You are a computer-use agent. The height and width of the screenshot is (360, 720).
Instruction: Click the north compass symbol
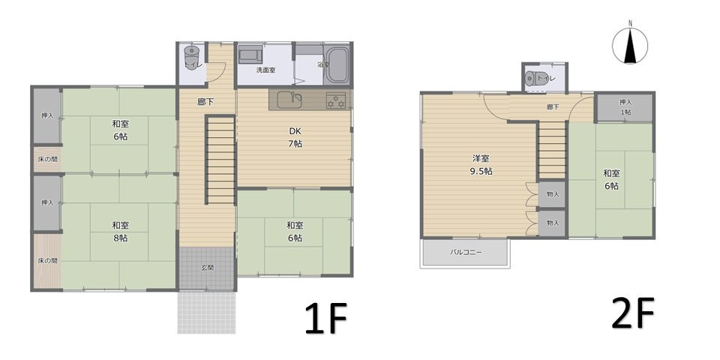coord(630,44)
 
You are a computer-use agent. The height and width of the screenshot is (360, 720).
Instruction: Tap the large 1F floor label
coord(325,318)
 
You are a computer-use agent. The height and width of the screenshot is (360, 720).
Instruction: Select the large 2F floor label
coord(633,313)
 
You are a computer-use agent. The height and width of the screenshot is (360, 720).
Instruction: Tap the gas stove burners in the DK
coord(336,100)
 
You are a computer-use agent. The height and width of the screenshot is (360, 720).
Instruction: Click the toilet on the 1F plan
coord(191,58)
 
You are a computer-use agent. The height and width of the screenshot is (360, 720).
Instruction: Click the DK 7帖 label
coord(295,136)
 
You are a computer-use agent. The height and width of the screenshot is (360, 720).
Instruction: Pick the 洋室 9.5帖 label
coord(480,165)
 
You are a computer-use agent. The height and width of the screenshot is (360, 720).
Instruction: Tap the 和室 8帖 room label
coord(120,232)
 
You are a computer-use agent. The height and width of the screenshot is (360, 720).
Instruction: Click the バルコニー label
coord(466,252)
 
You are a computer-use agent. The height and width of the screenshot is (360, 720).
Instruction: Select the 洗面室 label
coord(265,70)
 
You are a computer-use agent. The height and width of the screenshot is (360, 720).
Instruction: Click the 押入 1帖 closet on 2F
coord(625,107)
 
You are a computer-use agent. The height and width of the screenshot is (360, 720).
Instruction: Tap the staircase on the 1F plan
coord(220,159)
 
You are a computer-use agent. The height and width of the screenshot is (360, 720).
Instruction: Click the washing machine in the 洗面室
coord(250,54)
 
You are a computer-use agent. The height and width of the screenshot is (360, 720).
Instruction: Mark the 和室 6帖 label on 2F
coord(611,179)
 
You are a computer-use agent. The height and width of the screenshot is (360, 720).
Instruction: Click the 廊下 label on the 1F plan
coord(205,102)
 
